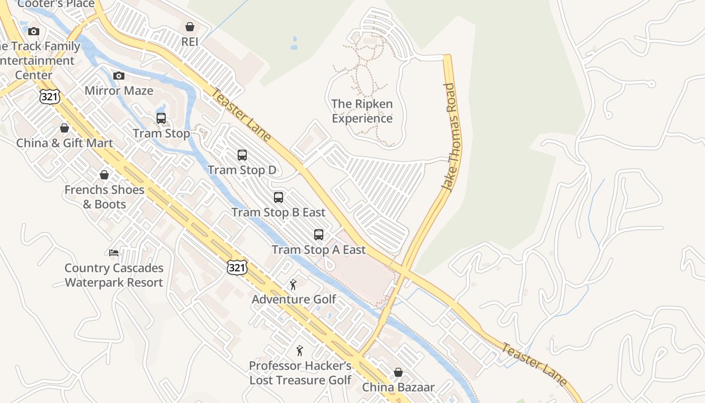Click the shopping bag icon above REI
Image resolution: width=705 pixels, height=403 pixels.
click(190, 27)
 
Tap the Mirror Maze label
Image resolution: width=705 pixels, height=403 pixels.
click(119, 91)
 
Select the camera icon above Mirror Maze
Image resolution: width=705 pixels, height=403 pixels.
click(119, 76)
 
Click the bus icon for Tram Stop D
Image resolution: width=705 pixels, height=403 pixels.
click(242, 155)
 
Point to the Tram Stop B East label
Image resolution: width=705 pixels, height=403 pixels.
click(278, 212)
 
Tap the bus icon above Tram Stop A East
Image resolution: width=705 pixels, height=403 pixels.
click(319, 234)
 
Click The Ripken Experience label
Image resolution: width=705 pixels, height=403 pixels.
click(362, 111)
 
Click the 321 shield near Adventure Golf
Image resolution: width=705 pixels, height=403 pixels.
click(237, 267)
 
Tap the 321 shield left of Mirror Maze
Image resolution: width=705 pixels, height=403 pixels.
click(50, 96)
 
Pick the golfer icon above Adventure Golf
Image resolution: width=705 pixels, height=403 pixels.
click(294, 285)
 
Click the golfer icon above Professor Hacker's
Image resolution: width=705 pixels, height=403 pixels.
click(300, 351)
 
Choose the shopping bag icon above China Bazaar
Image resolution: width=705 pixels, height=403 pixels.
click(398, 373)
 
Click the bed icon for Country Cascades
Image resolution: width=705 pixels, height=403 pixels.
click(114, 252)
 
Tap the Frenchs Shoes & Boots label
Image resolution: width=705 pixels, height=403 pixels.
click(104, 197)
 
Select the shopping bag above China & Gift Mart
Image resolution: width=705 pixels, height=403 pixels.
click(64, 128)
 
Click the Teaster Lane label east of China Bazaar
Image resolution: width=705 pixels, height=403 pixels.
click(535, 364)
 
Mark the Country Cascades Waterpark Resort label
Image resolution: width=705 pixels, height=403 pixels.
click(114, 275)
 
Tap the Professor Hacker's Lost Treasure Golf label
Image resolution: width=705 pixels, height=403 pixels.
click(301, 373)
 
